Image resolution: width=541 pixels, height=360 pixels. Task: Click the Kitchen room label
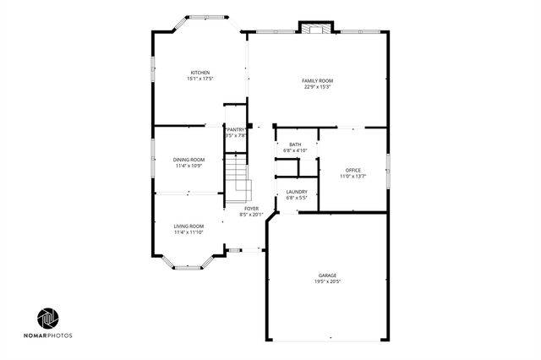(200, 72)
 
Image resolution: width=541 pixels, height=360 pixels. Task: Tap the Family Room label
(316, 81)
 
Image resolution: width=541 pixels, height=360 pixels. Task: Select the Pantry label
(235, 129)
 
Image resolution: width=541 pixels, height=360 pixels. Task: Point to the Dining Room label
(189, 160)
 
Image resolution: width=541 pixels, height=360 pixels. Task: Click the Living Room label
(189, 226)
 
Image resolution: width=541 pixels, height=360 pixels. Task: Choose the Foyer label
(252, 208)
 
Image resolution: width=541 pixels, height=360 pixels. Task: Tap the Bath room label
(295, 145)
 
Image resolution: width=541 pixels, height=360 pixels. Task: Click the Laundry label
(296, 192)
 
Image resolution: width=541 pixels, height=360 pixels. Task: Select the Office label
(352, 171)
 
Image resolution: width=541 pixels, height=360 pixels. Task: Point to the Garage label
(327, 275)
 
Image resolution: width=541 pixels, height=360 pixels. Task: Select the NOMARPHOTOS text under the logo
(48, 336)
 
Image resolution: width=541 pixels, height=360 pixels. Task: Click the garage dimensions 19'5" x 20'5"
(327, 282)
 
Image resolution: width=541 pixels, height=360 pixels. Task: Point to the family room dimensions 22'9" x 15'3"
(316, 87)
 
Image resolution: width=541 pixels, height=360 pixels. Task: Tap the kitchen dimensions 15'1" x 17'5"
(200, 79)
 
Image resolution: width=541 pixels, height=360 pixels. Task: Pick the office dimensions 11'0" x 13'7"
(352, 177)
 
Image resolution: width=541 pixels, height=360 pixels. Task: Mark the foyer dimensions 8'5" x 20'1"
(252, 214)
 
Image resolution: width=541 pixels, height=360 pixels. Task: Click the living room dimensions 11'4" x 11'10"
(189, 232)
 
